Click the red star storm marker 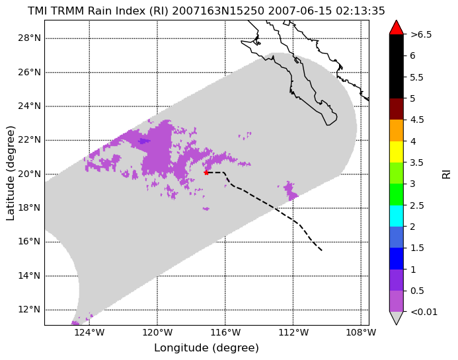[x=206, y=172]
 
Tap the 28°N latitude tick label [x=29, y=38]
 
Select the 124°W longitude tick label [x=89, y=332]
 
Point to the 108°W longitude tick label [x=361, y=332]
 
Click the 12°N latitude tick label [x=29, y=309]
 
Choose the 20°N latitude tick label [x=29, y=174]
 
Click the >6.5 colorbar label [x=421, y=34]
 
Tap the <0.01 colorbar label [x=424, y=312]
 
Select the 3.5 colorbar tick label [x=417, y=162]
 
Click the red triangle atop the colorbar [x=397, y=28]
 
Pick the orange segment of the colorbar [x=397, y=130]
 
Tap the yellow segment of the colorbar [x=397, y=152]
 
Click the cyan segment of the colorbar [x=397, y=216]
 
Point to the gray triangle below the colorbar [x=397, y=317]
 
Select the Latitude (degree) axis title [x=10, y=173]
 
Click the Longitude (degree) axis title [x=206, y=348]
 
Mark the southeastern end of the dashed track [x=322, y=250]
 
